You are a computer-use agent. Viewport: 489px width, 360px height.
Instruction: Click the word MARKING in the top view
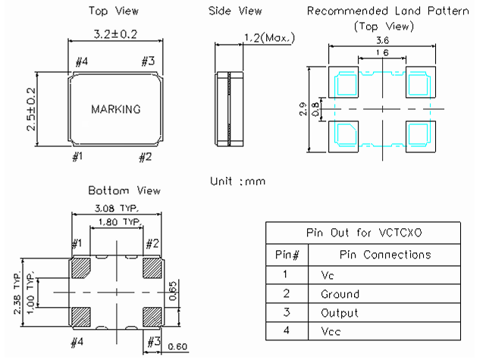point(116,109)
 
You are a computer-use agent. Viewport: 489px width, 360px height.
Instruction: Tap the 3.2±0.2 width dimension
point(115,34)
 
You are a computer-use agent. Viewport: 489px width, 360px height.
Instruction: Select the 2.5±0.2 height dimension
point(31,109)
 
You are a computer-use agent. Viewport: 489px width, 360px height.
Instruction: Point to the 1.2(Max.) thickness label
point(269,38)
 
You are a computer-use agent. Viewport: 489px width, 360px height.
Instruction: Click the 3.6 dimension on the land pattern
point(382,40)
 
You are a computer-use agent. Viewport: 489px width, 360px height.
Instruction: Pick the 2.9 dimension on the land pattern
point(302,109)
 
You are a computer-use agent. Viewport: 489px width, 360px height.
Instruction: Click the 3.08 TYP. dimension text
point(117,208)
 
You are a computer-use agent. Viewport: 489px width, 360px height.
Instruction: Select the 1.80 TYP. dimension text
point(120,222)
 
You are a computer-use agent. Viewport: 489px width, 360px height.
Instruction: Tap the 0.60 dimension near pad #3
point(177,346)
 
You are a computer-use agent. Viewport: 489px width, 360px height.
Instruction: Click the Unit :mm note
point(237,181)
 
